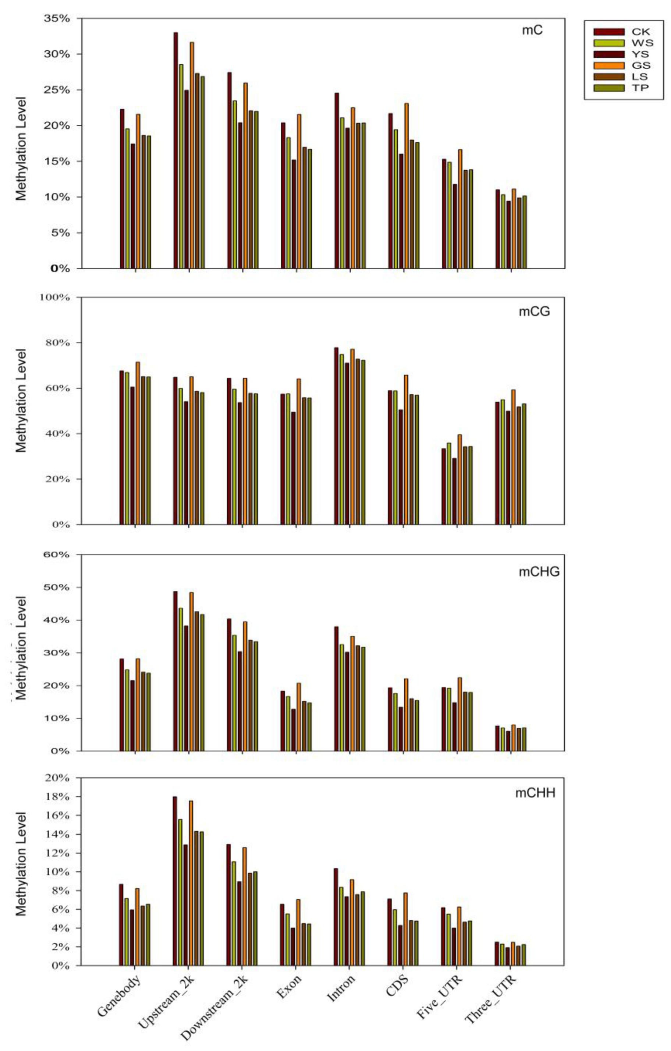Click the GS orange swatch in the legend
coord(608,65)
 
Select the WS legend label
coord(642,43)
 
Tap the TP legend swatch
coord(608,88)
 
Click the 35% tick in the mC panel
coord(58,19)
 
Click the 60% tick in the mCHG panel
coord(58,555)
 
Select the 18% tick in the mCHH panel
coord(58,796)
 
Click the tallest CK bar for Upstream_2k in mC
coord(175,150)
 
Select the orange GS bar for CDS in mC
coord(406,185)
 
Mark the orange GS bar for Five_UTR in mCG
coord(459,479)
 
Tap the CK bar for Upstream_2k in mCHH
coord(175,881)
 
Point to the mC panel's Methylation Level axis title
coord(21,148)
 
